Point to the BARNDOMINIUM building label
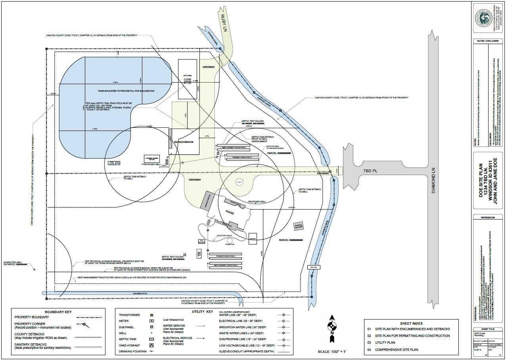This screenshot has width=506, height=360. click(x=184, y=142)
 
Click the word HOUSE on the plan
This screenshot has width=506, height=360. click(x=230, y=212)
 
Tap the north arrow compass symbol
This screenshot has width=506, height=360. click(x=332, y=327)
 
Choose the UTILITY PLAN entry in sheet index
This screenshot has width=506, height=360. click(x=386, y=342)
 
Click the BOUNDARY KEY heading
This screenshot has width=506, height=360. click(x=58, y=312)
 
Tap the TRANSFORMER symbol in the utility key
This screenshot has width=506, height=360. click(x=151, y=315)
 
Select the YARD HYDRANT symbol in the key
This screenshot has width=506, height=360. click(x=151, y=345)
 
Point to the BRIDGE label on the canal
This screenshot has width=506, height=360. click(x=314, y=268)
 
